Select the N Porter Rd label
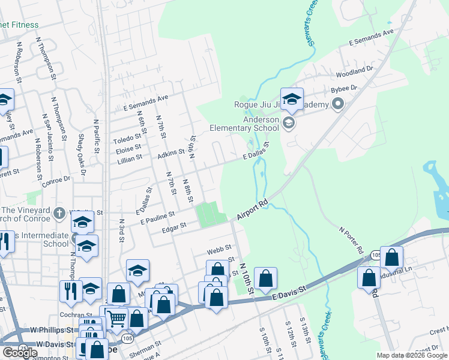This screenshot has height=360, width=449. [x=352, y=239]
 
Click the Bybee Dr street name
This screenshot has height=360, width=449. [x=344, y=88]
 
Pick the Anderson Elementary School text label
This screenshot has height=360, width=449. [x=244, y=123]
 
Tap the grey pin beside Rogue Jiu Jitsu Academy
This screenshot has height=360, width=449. [x=337, y=105]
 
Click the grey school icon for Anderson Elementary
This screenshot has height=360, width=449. [x=289, y=124]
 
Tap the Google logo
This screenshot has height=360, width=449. [x=20, y=352]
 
